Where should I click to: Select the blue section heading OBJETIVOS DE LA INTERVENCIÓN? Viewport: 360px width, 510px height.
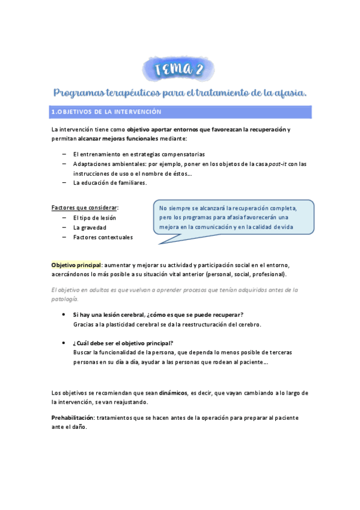pos(108,112)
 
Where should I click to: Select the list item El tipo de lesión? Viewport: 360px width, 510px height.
pos(94,218)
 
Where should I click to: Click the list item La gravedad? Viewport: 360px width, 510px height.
pos(90,228)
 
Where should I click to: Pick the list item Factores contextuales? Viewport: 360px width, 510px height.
pos(103,238)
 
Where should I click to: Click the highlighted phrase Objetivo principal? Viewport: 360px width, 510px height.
pos(76,265)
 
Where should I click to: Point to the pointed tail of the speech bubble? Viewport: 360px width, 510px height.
pos(159,242)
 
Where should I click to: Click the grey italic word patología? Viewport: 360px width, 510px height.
pos(64,299)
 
